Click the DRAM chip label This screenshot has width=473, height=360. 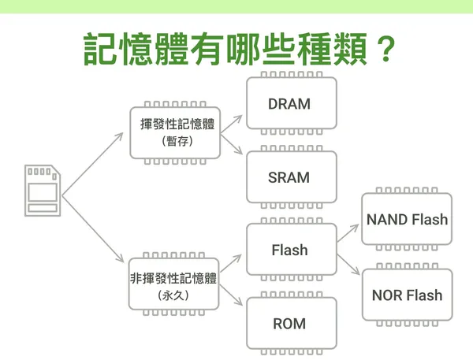(289, 104)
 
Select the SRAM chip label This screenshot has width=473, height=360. (289, 177)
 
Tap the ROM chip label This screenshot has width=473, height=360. (289, 324)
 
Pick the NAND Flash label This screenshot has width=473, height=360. (407, 219)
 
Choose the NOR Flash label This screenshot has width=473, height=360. (407, 295)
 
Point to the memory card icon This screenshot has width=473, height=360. (43, 191)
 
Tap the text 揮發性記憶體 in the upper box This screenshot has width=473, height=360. (177, 124)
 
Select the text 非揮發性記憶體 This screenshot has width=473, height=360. (173, 278)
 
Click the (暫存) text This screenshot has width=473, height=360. (177, 141)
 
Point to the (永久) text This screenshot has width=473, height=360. (173, 295)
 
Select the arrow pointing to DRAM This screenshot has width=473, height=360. (231, 124)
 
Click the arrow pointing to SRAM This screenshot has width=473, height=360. (232, 144)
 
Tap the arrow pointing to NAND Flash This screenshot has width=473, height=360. (348, 233)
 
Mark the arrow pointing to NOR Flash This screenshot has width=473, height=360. (348, 265)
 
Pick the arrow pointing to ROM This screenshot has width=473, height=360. (231, 295)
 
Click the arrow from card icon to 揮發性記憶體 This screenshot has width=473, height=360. (92, 165)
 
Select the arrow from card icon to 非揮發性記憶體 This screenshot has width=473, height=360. (93, 229)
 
